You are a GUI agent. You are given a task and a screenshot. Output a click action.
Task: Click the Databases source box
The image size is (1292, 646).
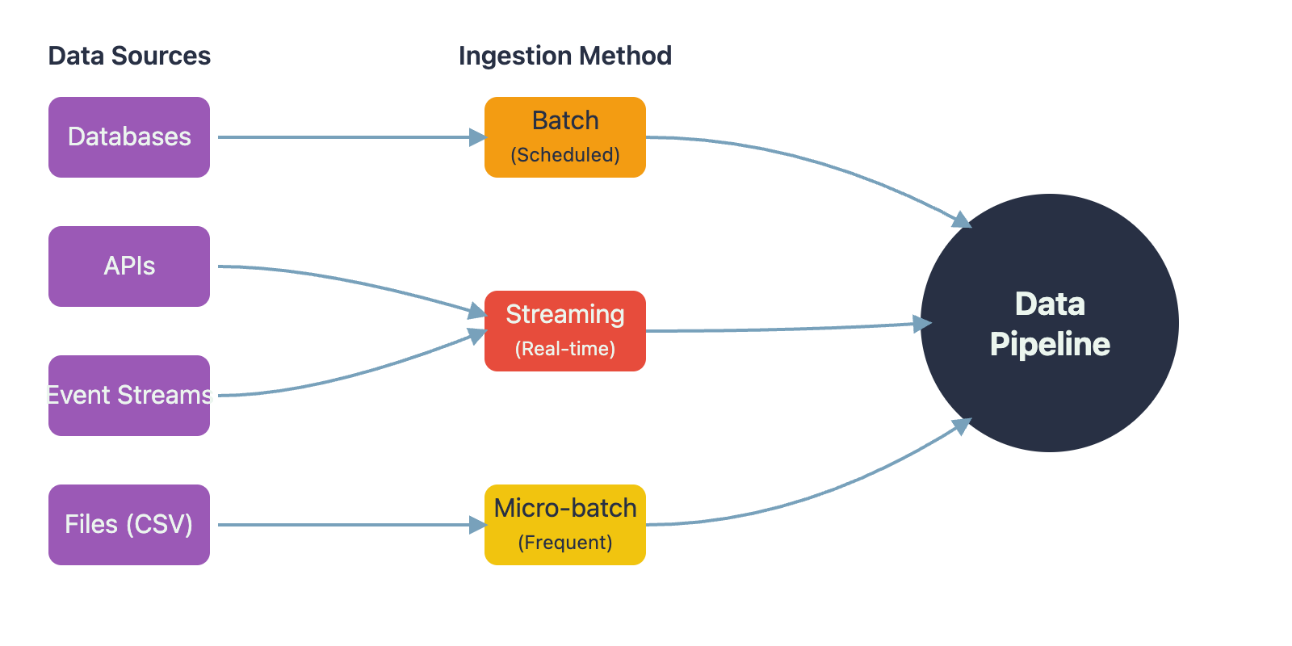(129, 137)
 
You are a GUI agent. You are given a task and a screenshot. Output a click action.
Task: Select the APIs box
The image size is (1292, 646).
(129, 266)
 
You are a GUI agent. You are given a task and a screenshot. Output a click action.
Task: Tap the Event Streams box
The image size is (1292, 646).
(129, 396)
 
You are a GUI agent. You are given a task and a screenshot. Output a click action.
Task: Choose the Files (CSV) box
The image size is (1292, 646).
(129, 525)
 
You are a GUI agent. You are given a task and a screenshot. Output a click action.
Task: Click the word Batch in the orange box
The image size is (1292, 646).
(565, 120)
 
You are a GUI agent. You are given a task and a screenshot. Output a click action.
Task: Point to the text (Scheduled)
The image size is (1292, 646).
(565, 155)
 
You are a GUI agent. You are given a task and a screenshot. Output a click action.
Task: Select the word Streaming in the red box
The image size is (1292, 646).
(565, 314)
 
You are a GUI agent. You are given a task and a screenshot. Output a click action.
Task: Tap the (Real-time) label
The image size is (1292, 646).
(565, 349)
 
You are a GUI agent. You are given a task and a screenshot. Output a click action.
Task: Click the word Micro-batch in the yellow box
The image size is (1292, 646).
(565, 508)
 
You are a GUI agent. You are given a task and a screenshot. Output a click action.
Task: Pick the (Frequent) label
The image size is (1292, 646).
(565, 543)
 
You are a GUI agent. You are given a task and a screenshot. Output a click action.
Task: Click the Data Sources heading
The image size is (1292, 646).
(129, 56)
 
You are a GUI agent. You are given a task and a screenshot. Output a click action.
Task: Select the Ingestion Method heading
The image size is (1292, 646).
(565, 56)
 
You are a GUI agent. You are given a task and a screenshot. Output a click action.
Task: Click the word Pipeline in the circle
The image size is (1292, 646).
(1050, 345)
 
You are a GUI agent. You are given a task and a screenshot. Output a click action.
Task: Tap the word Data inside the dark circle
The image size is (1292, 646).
(1050, 304)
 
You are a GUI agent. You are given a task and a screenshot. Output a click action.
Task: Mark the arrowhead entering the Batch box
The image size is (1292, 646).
(478, 137)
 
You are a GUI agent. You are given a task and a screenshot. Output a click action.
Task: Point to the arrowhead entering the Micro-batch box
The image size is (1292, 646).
(478, 525)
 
